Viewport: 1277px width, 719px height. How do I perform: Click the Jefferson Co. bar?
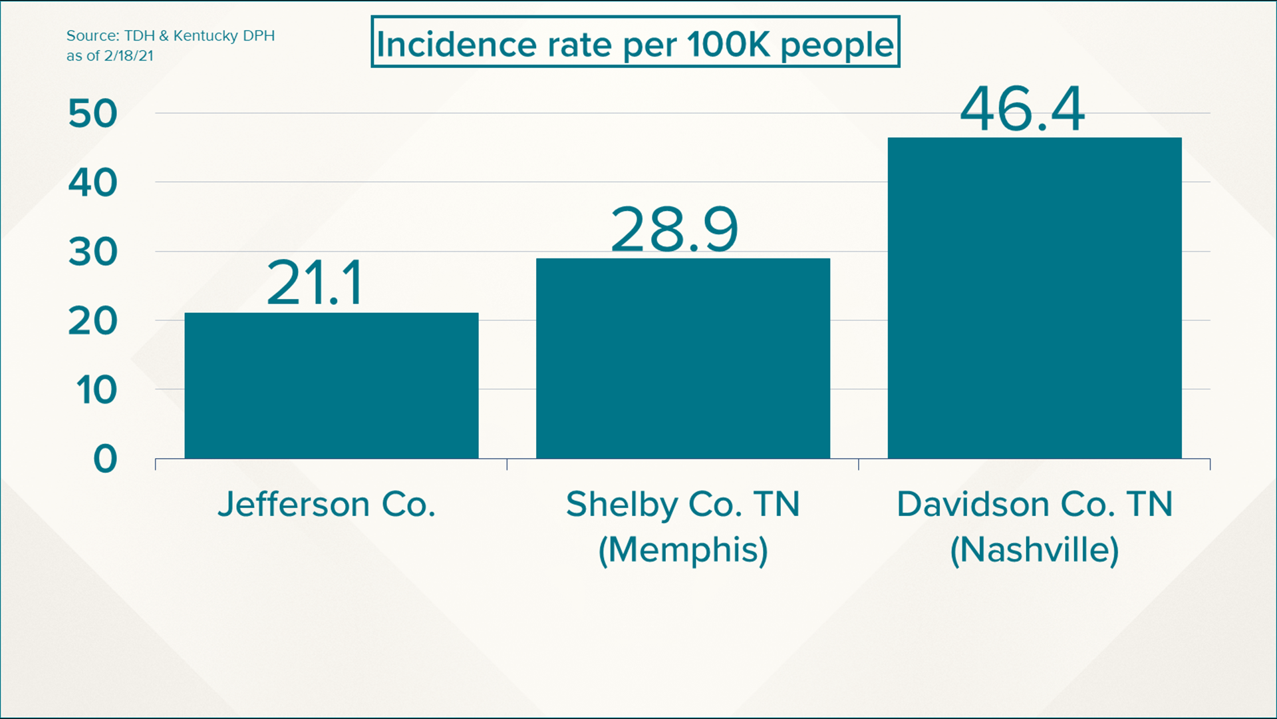331,385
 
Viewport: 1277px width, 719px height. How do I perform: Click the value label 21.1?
315,284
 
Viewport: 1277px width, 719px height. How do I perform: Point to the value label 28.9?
674,230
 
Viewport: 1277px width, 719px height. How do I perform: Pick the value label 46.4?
1022,109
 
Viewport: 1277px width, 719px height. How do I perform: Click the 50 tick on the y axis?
92,114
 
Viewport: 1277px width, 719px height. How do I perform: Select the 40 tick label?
92,183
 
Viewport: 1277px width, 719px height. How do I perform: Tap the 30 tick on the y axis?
92,252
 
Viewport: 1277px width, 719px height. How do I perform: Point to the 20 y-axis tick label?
92,322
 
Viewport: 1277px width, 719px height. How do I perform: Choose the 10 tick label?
96,390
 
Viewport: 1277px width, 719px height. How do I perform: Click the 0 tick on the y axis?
105,459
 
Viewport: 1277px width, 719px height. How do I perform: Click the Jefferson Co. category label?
327,504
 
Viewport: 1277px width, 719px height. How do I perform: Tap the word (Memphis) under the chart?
683,550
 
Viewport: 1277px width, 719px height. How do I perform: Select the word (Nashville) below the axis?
1034,550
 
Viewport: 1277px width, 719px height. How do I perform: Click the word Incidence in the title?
456,45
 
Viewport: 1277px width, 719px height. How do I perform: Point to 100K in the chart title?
728,45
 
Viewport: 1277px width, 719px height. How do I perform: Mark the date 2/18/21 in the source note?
128,56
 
